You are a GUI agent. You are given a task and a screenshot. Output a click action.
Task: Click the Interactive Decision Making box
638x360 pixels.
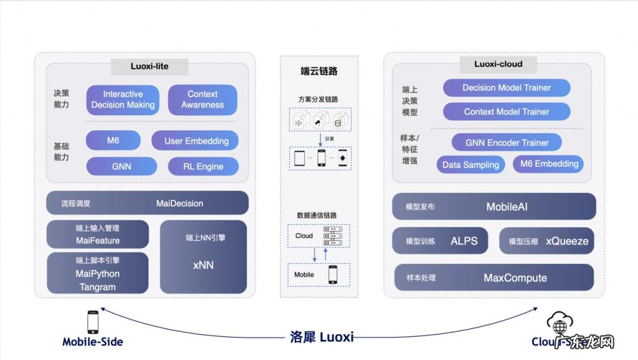point(123,100)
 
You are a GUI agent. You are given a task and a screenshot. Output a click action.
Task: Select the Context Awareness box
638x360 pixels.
point(202,100)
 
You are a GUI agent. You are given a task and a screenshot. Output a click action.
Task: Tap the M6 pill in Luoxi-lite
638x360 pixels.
point(113,141)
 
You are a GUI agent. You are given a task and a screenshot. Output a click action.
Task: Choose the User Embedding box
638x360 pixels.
point(195,141)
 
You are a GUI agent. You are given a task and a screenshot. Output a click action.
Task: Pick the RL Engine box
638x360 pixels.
point(203,166)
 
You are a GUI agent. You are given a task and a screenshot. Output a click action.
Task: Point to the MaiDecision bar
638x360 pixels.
point(147,203)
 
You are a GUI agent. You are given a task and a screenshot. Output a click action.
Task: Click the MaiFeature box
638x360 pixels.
point(98,234)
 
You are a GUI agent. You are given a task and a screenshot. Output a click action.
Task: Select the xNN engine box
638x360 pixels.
point(203,257)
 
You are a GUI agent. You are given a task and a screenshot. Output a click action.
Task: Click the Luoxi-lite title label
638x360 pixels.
point(149,66)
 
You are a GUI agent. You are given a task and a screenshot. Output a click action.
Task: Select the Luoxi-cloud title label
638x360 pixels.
point(498,64)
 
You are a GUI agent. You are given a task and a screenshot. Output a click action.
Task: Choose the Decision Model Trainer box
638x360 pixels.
point(507,88)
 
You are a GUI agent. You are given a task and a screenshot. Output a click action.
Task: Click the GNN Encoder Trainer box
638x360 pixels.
point(507,143)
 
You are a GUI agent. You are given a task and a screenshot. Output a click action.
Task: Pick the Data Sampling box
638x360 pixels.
point(470,165)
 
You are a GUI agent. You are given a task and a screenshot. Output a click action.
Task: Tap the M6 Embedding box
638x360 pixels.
point(548,164)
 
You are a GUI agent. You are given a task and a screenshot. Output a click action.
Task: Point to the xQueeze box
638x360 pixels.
point(546,241)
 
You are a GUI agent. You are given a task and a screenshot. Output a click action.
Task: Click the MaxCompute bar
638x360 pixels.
point(494,278)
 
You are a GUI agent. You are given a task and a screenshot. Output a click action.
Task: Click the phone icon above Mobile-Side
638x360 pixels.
point(92,322)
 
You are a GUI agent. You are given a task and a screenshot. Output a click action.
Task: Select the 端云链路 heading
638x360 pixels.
point(319,71)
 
